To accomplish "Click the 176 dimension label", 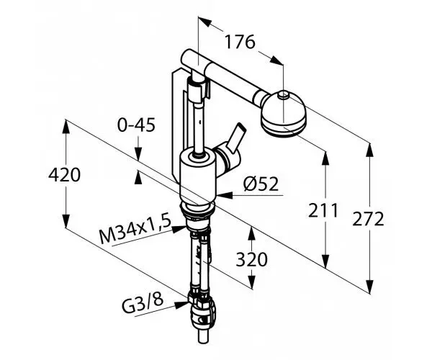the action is (x=240, y=42).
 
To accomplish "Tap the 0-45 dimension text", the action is (x=136, y=125).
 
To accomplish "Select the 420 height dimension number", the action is (x=64, y=175).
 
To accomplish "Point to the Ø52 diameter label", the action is (x=261, y=184).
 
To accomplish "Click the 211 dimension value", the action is (x=323, y=210).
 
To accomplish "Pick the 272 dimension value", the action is (x=368, y=219).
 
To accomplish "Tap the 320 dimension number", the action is (x=251, y=259).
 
